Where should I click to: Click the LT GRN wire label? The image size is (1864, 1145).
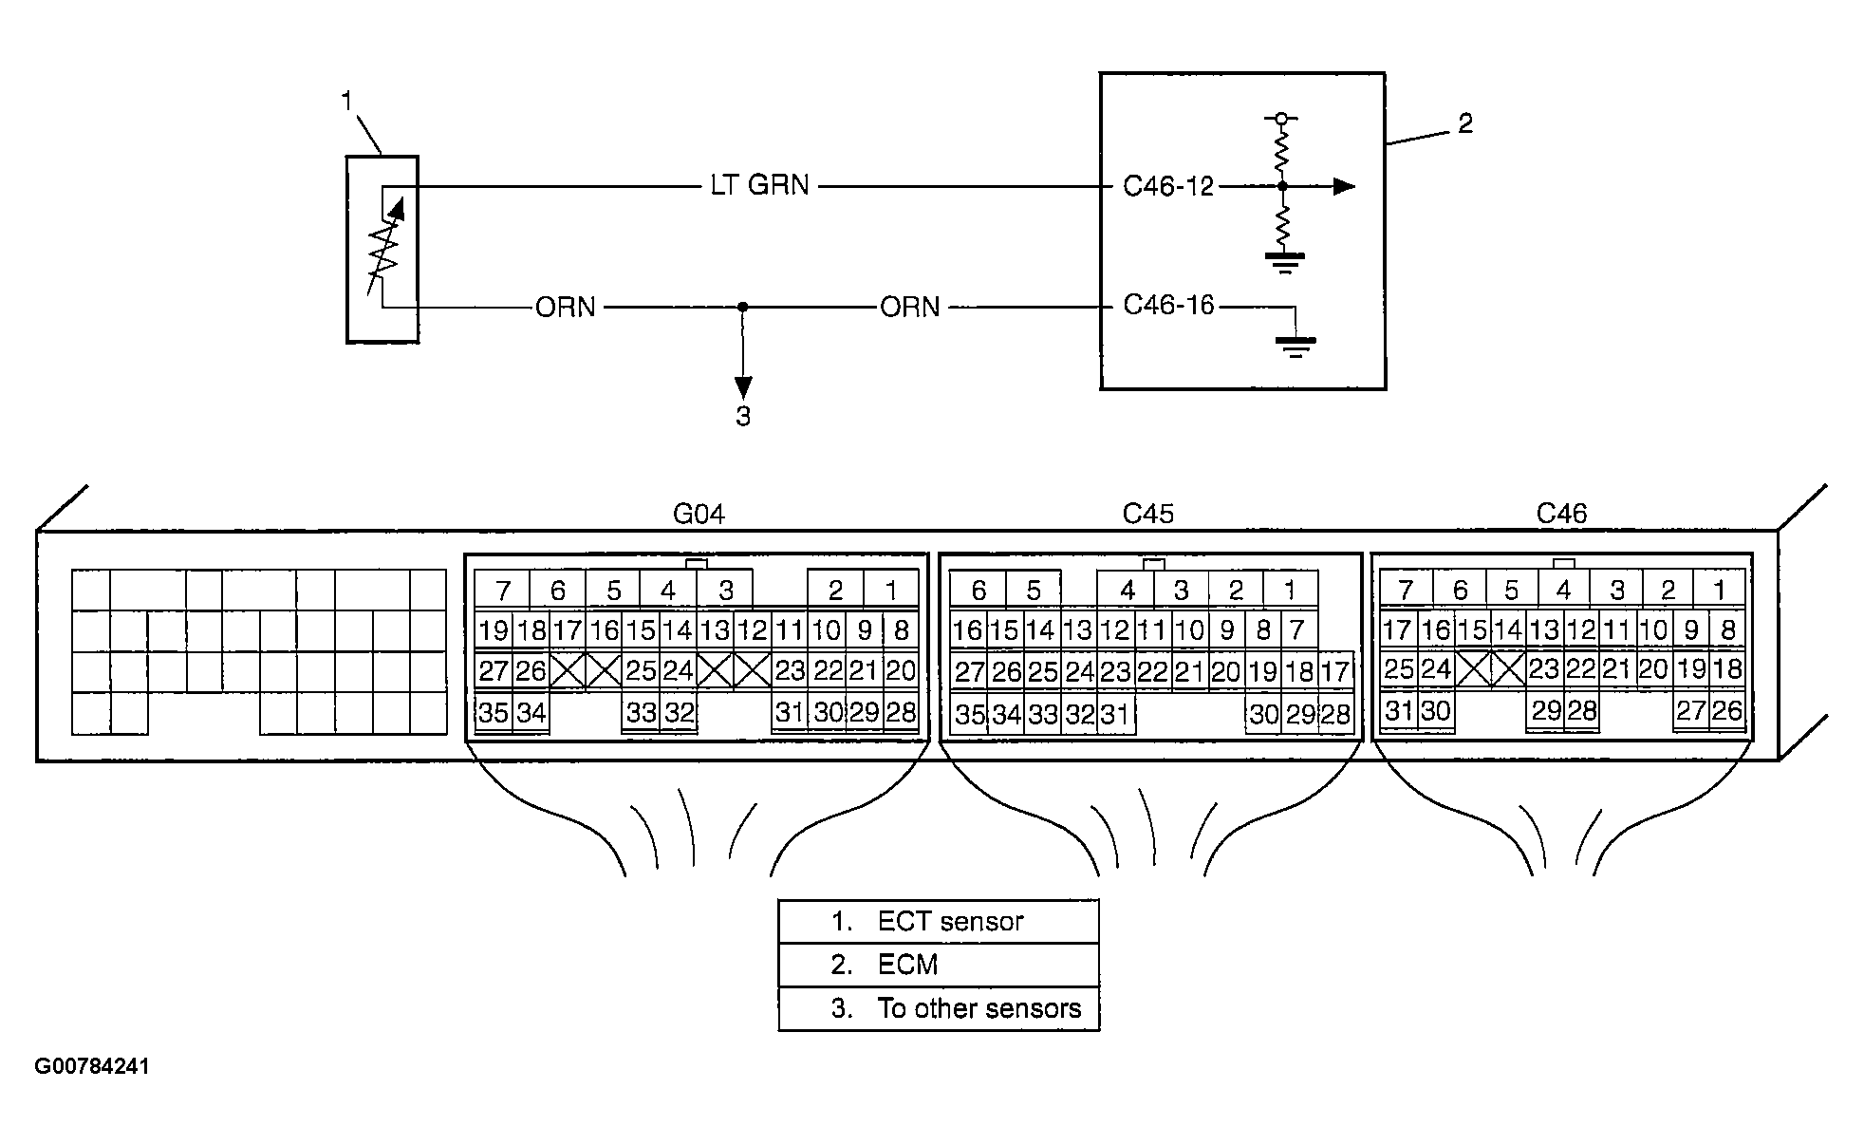(x=759, y=185)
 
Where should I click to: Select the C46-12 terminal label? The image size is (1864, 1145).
(x=1168, y=186)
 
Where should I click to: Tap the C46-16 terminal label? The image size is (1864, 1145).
(x=1168, y=306)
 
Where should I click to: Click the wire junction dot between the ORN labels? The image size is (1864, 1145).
(x=743, y=307)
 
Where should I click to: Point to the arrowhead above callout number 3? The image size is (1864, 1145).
(x=743, y=387)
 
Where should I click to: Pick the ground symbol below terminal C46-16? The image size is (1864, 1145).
(x=1295, y=347)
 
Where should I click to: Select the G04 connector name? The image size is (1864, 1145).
(x=699, y=514)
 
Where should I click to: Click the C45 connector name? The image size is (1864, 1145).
(x=1147, y=514)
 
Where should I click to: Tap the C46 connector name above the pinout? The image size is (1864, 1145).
(x=1561, y=514)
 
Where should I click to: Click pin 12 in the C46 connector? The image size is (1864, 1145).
(x=1580, y=629)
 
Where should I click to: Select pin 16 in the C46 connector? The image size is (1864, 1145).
(x=1437, y=629)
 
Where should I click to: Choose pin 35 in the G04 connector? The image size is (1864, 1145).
(x=494, y=712)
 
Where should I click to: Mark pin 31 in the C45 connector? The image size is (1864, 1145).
(x=1115, y=714)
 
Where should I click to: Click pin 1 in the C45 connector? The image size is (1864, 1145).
(x=1290, y=591)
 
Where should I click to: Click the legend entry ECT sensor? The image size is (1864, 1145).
(x=927, y=921)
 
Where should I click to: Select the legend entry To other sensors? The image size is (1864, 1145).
(x=956, y=1008)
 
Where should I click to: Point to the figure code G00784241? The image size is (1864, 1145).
(x=92, y=1066)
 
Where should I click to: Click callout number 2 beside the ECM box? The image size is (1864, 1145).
(x=1464, y=123)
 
